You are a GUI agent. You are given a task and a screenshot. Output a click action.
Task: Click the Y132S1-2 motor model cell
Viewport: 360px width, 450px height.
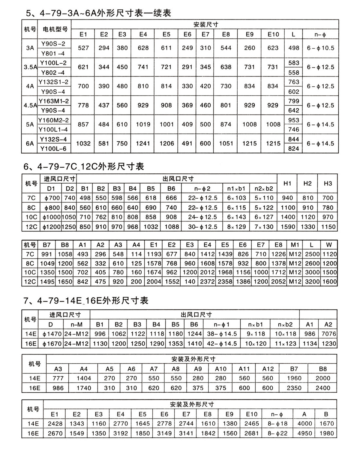click(x=53, y=82)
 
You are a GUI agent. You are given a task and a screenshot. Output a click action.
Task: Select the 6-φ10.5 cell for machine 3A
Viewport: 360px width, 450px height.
click(x=320, y=48)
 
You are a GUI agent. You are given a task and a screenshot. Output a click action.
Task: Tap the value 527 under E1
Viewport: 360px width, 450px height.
click(x=83, y=48)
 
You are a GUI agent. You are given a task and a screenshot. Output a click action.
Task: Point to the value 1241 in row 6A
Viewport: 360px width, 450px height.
click(x=143, y=144)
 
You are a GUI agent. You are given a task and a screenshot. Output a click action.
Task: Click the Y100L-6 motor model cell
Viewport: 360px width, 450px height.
click(x=53, y=148)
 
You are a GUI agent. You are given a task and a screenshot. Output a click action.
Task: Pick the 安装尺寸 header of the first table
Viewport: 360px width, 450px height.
click(x=206, y=25)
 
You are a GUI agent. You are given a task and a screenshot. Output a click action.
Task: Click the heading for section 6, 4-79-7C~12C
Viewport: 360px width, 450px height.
click(x=84, y=166)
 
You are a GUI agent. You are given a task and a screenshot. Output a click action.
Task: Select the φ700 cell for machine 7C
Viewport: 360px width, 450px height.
click(x=52, y=198)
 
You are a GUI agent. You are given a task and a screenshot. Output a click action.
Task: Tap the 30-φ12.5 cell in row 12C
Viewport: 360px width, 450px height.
click(x=202, y=227)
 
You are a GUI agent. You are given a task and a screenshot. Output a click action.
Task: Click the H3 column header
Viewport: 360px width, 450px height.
click(x=328, y=183)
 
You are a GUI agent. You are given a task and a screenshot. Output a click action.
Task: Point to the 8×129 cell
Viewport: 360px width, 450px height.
click(x=236, y=227)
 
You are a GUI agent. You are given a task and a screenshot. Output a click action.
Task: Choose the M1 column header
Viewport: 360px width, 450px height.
click(x=295, y=245)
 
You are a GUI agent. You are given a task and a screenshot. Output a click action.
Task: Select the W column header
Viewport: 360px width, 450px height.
click(x=329, y=245)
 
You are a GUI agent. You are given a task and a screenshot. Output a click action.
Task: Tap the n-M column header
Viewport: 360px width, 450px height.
click(x=76, y=324)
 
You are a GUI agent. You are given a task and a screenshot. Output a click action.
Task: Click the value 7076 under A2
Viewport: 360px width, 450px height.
click(x=328, y=334)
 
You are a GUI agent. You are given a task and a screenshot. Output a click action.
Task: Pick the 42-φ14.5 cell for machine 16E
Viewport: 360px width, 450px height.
click(x=222, y=343)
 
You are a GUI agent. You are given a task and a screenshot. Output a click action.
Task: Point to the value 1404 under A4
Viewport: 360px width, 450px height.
click(x=84, y=378)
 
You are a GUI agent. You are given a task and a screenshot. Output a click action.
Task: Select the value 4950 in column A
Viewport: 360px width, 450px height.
click(x=304, y=433)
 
